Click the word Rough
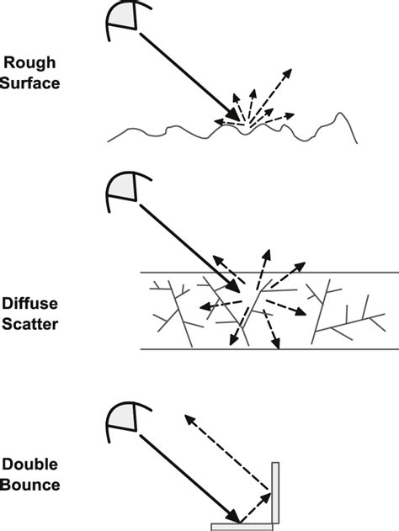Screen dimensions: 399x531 click(x=29, y=63)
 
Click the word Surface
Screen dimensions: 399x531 click(x=29, y=83)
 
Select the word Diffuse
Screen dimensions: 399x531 click(x=29, y=304)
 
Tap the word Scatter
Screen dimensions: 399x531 click(x=29, y=324)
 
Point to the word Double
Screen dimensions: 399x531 click(x=29, y=465)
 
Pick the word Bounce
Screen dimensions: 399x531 click(x=30, y=485)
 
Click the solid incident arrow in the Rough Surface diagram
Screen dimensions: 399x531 click(x=189, y=77)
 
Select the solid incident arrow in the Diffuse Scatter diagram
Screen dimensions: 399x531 click(x=189, y=248)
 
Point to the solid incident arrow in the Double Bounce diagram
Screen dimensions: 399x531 click(x=189, y=478)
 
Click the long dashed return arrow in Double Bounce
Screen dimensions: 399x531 click(x=226, y=452)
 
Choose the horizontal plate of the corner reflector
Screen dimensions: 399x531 click(x=242, y=527)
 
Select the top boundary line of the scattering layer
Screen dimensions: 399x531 click(x=269, y=273)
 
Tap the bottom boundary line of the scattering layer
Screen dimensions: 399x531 click(x=269, y=348)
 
